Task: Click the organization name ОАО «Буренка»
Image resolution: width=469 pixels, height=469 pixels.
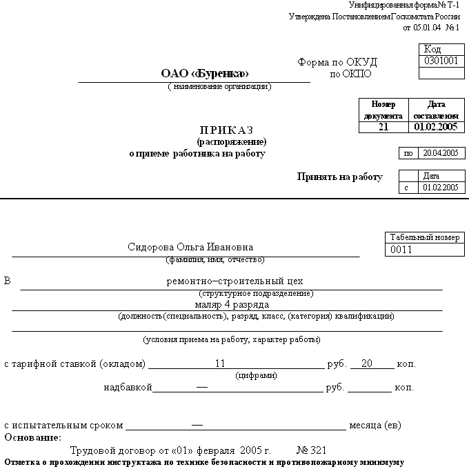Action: click(x=205, y=73)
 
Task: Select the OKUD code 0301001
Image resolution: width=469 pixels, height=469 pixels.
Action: click(x=441, y=61)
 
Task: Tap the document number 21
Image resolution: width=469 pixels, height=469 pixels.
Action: click(x=383, y=128)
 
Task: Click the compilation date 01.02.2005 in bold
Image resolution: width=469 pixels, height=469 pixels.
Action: click(x=436, y=128)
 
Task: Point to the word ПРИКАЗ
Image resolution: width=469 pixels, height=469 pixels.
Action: click(x=227, y=130)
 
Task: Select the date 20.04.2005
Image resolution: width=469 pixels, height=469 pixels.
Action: click(x=440, y=153)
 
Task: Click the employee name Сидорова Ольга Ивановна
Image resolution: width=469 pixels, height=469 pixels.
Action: click(x=190, y=248)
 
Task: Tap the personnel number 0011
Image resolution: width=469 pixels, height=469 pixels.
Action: click(x=401, y=250)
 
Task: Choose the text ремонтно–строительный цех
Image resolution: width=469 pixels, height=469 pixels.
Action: click(x=234, y=281)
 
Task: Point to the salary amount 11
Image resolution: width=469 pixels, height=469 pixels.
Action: click(x=221, y=363)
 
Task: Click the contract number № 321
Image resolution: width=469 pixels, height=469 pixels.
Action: click(x=311, y=449)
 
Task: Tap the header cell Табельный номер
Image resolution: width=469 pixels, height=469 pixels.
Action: click(x=424, y=237)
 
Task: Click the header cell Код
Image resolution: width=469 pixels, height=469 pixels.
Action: click(x=432, y=49)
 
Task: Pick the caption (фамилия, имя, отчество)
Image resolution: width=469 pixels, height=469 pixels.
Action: click(x=214, y=260)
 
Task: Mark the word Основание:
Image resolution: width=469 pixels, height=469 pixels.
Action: click(x=33, y=438)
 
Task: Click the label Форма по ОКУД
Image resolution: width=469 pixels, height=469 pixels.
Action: click(x=337, y=62)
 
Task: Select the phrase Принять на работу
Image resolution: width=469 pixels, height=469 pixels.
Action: click(x=339, y=177)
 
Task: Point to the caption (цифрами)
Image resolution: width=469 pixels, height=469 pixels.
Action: click(x=257, y=376)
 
